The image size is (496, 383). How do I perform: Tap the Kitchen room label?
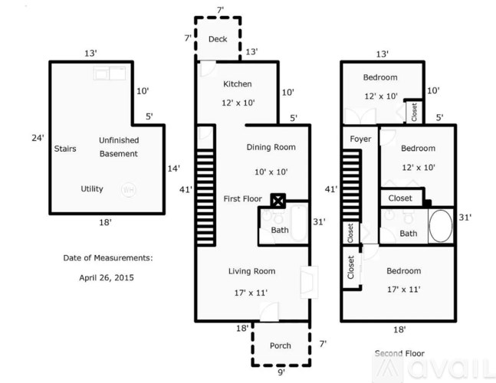tap(237, 84)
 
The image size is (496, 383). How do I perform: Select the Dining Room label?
tap(270, 147)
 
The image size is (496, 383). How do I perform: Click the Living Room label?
tap(251, 271)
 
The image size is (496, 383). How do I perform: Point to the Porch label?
tap(281, 345)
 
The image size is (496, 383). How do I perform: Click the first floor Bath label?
tap(280, 230)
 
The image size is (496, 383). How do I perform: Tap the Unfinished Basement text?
tap(118, 147)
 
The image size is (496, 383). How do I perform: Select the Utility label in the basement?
tap(92, 188)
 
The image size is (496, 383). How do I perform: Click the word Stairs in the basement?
tap(65, 149)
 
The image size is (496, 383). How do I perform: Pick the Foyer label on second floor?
tap(360, 139)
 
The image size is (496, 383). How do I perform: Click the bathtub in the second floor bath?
tap(441, 228)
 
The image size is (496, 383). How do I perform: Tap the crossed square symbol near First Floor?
tap(278, 201)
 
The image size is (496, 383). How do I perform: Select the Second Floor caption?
tap(399, 353)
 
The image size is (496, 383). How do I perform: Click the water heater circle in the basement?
tap(130, 188)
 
